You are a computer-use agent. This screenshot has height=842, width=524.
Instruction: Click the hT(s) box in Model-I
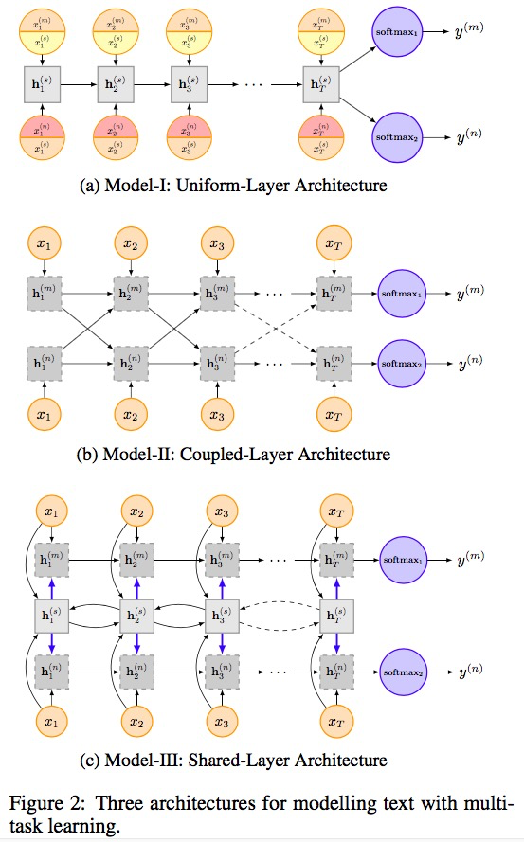point(320,84)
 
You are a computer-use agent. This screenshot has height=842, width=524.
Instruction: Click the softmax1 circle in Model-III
point(406,558)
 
